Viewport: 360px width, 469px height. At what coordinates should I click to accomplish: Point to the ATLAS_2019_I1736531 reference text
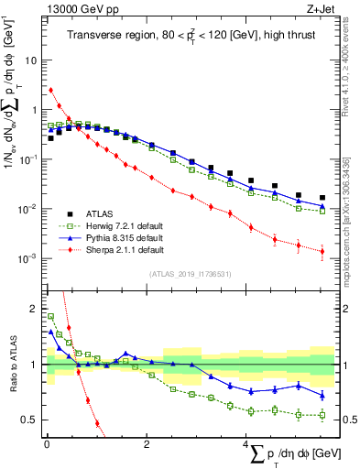coord(191,274)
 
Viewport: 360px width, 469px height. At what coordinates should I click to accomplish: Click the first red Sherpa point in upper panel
coord(51,90)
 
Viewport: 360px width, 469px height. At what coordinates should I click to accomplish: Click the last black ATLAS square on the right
coord(322,197)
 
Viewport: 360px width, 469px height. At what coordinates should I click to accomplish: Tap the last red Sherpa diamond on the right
coord(322,251)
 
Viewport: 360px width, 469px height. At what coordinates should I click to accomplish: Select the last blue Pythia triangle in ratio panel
coord(322,395)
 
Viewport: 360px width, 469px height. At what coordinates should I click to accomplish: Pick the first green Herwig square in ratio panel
coord(51,316)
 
